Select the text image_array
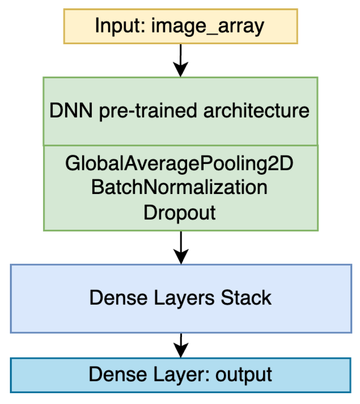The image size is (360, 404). (x=208, y=26)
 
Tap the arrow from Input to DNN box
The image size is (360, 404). (x=181, y=57)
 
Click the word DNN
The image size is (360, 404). (x=71, y=110)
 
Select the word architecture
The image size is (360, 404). (x=256, y=110)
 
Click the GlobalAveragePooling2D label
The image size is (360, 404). (x=179, y=163)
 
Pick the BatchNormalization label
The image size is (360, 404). (x=179, y=187)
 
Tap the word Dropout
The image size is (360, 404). (x=180, y=213)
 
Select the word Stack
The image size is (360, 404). (x=246, y=298)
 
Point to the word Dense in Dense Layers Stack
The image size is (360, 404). (x=118, y=298)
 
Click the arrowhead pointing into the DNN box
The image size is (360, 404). (x=181, y=70)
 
